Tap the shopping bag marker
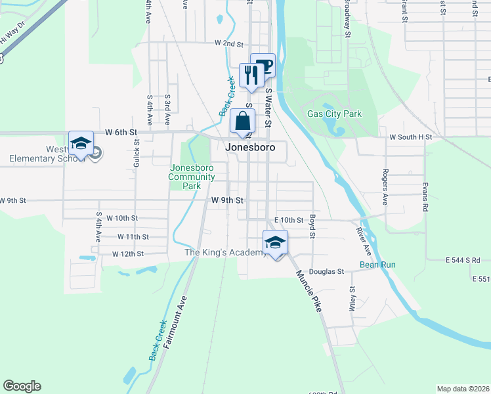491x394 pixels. point(243,122)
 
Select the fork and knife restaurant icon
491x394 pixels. point(251,76)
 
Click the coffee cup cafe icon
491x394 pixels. point(263,66)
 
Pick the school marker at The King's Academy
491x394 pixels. point(276,243)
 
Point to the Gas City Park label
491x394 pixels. point(335,114)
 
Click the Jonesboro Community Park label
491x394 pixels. point(192,177)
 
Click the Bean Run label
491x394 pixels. point(377,265)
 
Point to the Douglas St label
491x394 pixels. point(327,271)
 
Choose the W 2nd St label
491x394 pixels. point(229,43)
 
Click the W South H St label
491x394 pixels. point(411,137)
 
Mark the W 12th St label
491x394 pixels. point(127,253)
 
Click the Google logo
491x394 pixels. point(22,386)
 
